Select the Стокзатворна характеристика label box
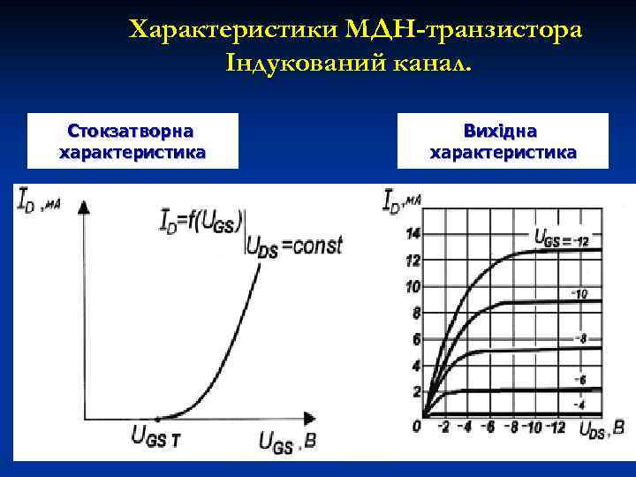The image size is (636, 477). pos(132,141)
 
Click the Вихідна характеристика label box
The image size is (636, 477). pos(503,141)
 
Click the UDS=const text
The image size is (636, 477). pos(293,246)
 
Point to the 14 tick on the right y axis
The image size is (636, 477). pos(413,233)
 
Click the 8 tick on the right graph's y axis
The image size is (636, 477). pos(415,313)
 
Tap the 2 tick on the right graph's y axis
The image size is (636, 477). pos(416,391)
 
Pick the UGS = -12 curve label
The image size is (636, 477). pos(562,238)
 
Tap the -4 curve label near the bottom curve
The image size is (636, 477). pos(579,405)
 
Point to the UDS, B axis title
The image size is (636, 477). pos(606,430)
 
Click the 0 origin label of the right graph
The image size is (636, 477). pos(416,427)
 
